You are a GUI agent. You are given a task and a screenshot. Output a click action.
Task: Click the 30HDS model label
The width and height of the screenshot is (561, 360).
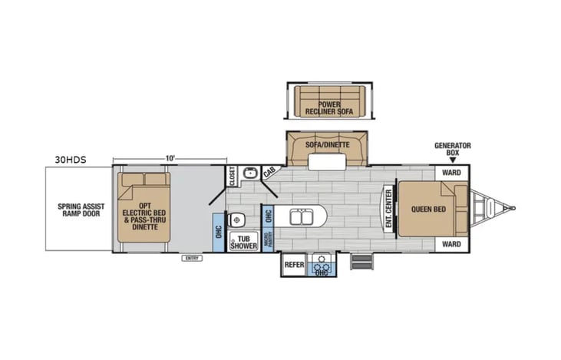point(71,160)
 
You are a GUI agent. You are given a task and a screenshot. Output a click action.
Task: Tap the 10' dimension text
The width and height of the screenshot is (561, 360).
point(170,158)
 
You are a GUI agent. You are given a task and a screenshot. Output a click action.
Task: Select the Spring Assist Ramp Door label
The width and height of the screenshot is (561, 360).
point(81,210)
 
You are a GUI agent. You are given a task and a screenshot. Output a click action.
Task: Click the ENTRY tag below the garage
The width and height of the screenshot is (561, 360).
point(192,258)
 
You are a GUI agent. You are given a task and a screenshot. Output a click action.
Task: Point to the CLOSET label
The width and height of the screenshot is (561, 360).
point(232,176)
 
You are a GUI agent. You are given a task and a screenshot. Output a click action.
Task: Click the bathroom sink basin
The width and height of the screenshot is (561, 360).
point(250,173)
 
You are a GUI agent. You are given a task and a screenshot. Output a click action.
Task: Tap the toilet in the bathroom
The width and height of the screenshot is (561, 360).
point(236,220)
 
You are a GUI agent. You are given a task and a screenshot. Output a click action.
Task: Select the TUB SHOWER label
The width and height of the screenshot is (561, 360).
point(243,243)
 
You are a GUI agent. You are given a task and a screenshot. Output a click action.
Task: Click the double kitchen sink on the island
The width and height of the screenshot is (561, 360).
point(302,217)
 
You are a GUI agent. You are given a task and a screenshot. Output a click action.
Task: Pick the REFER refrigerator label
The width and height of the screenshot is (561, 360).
point(294,265)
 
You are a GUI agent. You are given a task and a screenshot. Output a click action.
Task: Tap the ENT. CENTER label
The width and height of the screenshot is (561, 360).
point(388,209)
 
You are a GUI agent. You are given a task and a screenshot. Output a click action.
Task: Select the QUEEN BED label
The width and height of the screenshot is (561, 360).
point(428,210)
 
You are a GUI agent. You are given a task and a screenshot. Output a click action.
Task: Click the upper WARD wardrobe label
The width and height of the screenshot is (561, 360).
point(451,173)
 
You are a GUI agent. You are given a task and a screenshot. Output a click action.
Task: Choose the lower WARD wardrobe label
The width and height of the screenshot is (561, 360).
point(451,244)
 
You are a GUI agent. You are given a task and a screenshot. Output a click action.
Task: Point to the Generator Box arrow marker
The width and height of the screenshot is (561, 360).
point(453,160)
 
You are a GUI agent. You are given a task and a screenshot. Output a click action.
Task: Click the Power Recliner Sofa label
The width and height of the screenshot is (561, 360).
point(329,108)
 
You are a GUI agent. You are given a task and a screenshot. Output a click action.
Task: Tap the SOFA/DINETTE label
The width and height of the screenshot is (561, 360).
point(328,145)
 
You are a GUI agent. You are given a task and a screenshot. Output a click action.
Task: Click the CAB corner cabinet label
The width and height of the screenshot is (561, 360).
point(269,172)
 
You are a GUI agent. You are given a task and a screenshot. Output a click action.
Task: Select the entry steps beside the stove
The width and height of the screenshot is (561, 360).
point(361,262)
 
